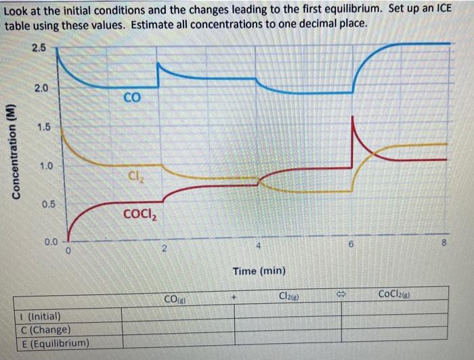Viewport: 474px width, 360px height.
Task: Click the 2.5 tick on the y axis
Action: click(x=38, y=48)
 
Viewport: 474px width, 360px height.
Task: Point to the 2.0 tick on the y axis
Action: click(x=41, y=88)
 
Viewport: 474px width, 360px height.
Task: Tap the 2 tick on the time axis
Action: click(x=164, y=248)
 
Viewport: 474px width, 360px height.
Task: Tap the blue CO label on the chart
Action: click(x=132, y=98)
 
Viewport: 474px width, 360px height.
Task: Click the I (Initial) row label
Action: click(x=39, y=316)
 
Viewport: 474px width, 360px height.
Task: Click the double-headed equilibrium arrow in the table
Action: click(x=342, y=296)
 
